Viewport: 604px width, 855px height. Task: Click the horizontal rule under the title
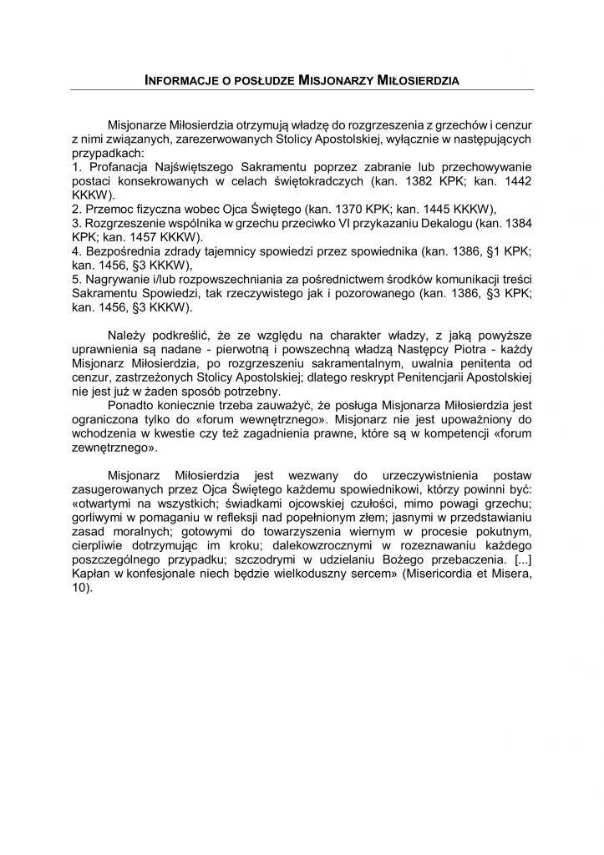(x=302, y=89)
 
